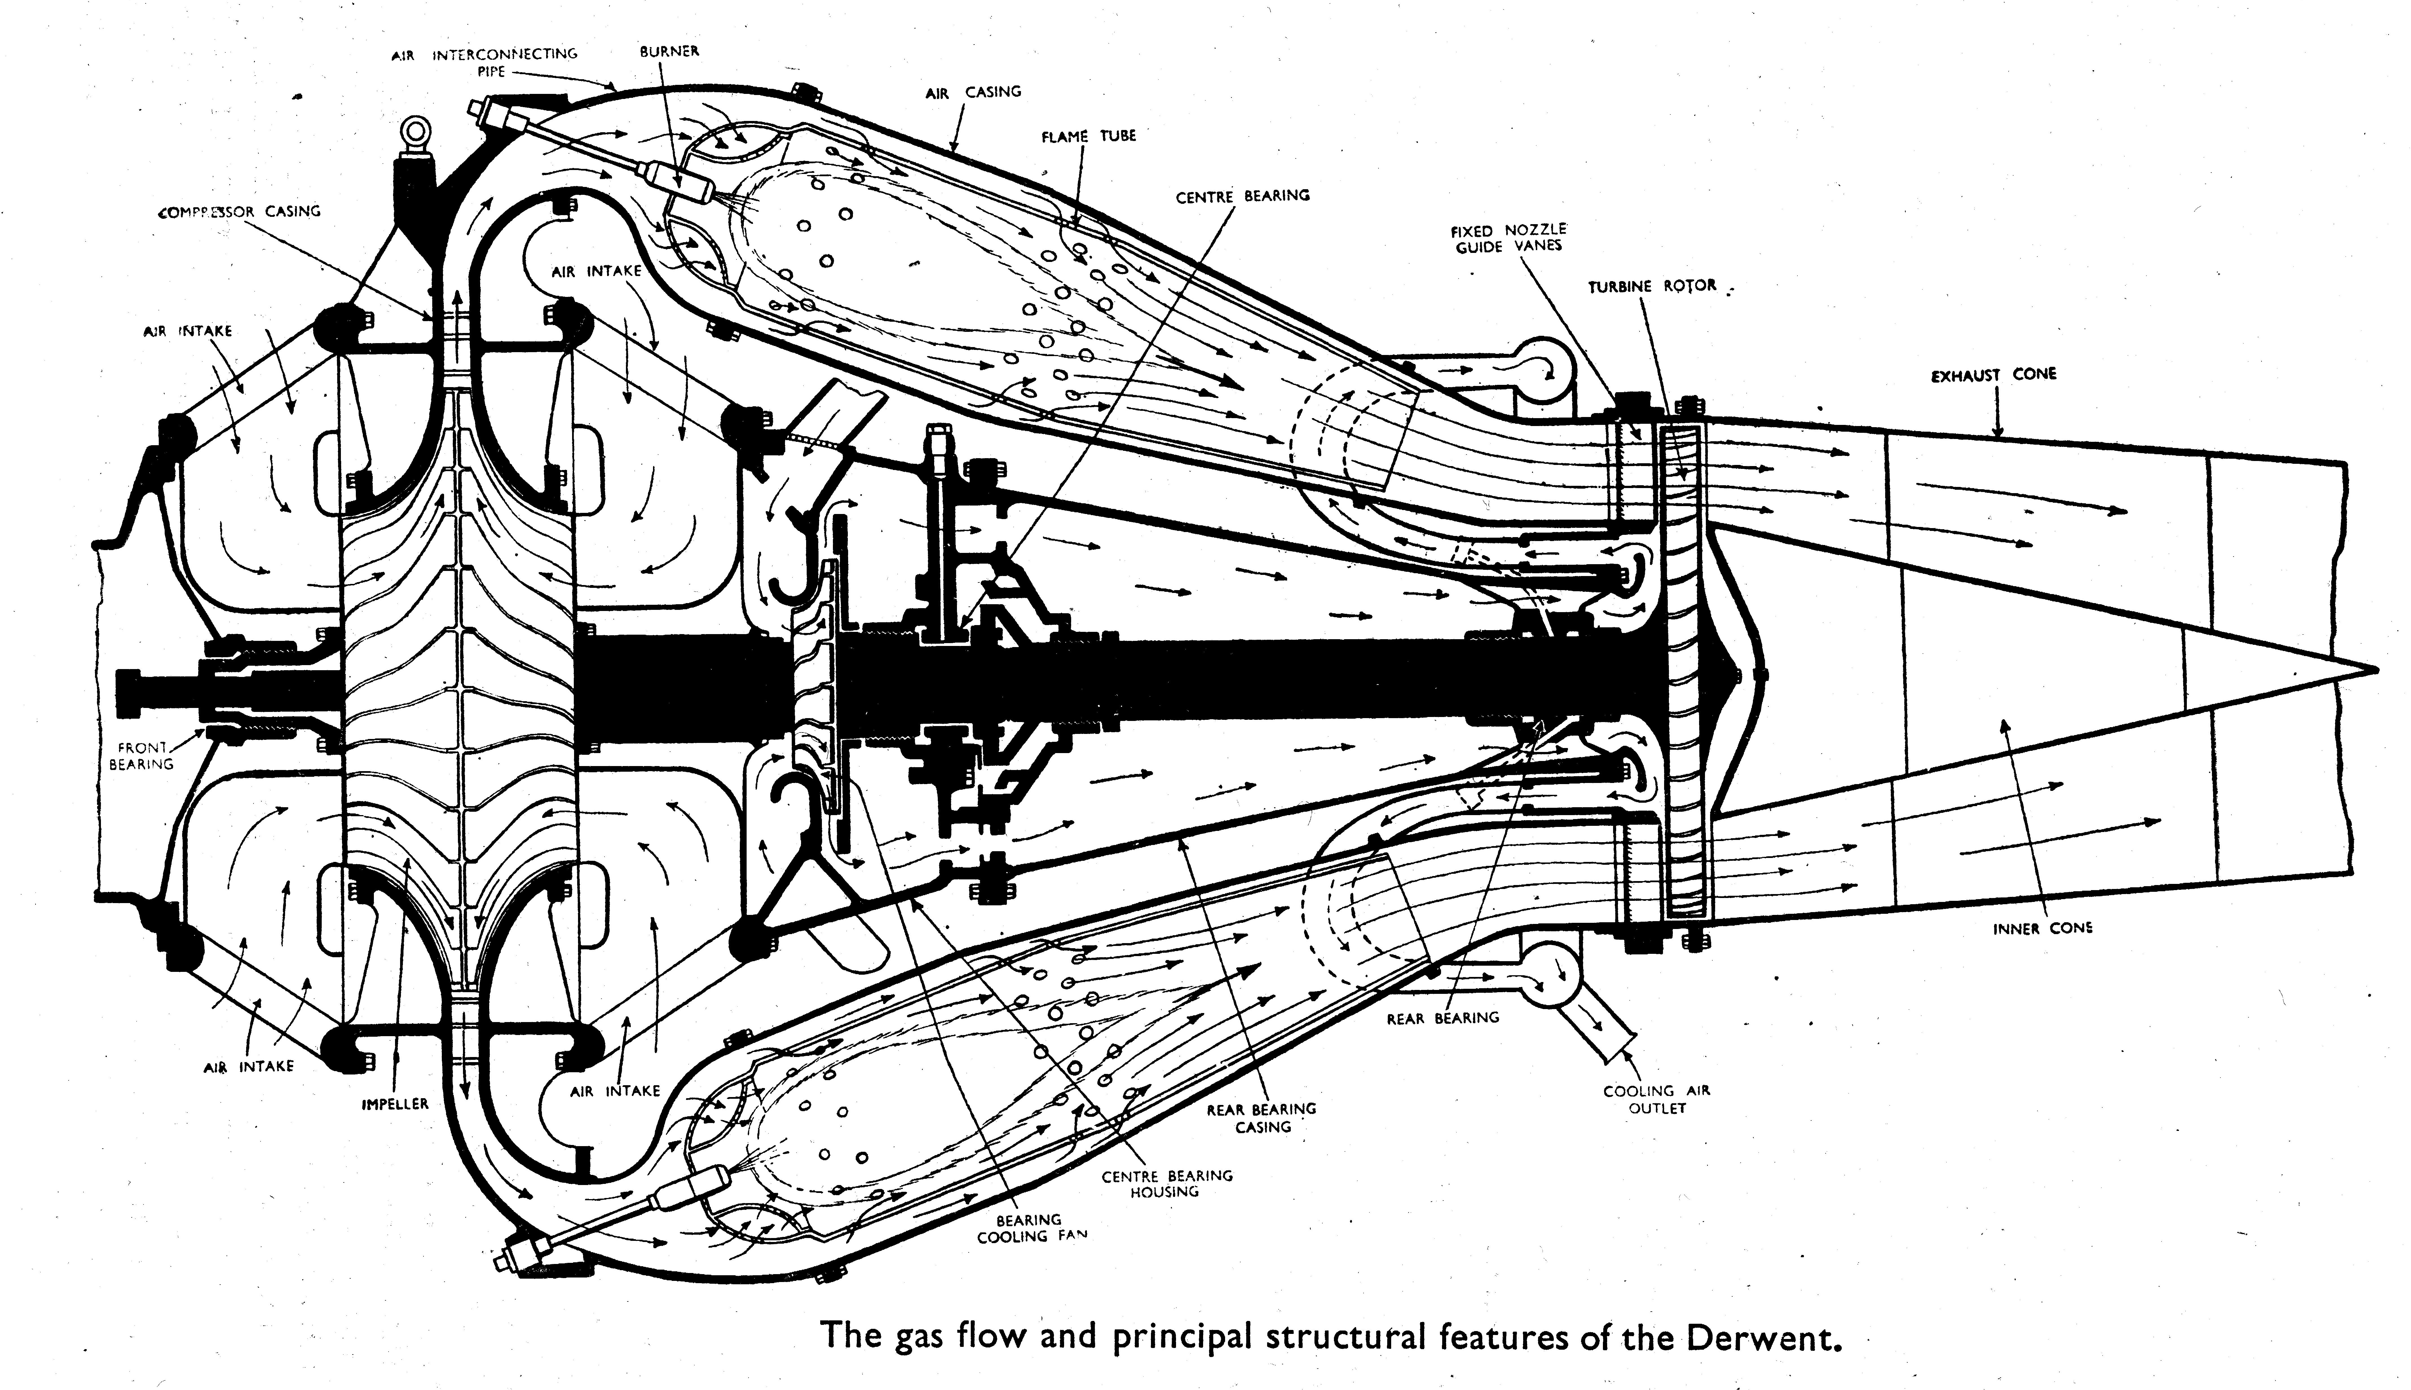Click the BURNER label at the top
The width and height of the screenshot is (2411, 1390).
(669, 50)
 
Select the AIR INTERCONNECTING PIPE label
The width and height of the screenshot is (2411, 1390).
(485, 62)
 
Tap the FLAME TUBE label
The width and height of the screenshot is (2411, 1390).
(1088, 136)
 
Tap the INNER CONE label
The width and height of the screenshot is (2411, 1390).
(2042, 928)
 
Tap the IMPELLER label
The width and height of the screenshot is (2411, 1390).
(395, 1104)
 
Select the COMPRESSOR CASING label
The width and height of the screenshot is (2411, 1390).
(239, 211)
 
